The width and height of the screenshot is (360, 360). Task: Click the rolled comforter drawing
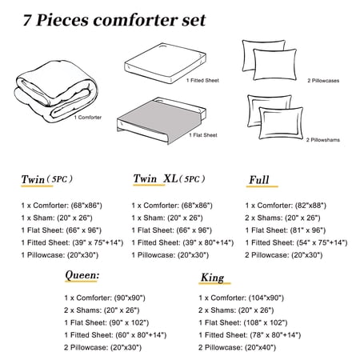coord(56,91)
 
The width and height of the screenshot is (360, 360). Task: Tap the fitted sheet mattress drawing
coord(165,63)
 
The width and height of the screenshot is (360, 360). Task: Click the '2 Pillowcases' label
coord(323,81)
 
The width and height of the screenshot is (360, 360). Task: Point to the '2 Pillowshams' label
coord(323,140)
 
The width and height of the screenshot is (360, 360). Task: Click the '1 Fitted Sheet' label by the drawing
coord(202,80)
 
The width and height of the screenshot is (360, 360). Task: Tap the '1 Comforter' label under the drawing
coord(88,118)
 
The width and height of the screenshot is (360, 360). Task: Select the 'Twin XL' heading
coord(155,178)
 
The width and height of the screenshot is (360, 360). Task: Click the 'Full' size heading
coord(259,180)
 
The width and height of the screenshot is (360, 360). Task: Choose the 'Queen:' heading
coord(82,274)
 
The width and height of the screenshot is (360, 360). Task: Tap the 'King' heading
coord(213,278)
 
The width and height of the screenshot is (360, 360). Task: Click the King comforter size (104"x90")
coord(266,298)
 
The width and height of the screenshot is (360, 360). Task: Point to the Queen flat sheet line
coord(106,322)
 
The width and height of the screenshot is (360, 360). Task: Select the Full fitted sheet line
coord(296,242)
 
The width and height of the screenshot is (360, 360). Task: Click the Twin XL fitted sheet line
coord(182,242)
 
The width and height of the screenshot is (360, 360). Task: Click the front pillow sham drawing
coord(281,122)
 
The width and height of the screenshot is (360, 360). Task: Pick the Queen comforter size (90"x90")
coord(130,298)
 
